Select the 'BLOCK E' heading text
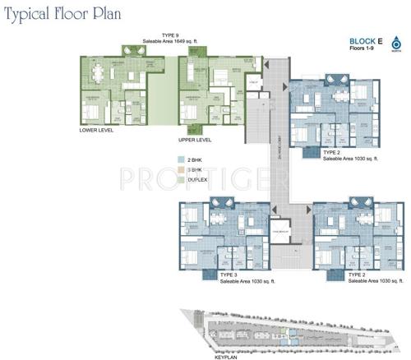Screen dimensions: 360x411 click(356, 41)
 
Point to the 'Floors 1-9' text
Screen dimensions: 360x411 click(356, 49)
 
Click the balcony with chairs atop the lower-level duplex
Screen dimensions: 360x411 click(132, 51)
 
